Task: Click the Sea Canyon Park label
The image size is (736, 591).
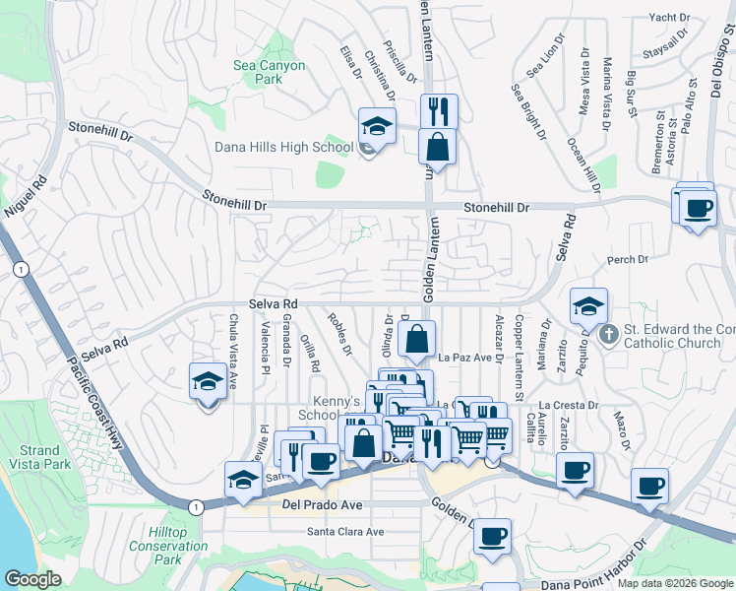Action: point(269,72)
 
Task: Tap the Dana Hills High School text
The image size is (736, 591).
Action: point(283,148)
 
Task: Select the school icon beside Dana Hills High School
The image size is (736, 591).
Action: point(376,126)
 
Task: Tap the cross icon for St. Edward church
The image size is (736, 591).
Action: point(609,335)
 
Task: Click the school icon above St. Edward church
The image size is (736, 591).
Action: point(588,306)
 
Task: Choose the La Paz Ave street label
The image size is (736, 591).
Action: point(464,358)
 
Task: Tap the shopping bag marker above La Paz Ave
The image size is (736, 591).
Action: point(417,340)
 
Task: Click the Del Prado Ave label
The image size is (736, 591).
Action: point(323,505)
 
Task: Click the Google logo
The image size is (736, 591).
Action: point(32,579)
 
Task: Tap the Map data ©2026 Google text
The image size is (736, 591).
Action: point(675,583)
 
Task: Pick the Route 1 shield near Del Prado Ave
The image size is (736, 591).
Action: point(195,505)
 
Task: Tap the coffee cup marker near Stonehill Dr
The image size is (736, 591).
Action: point(698,209)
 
